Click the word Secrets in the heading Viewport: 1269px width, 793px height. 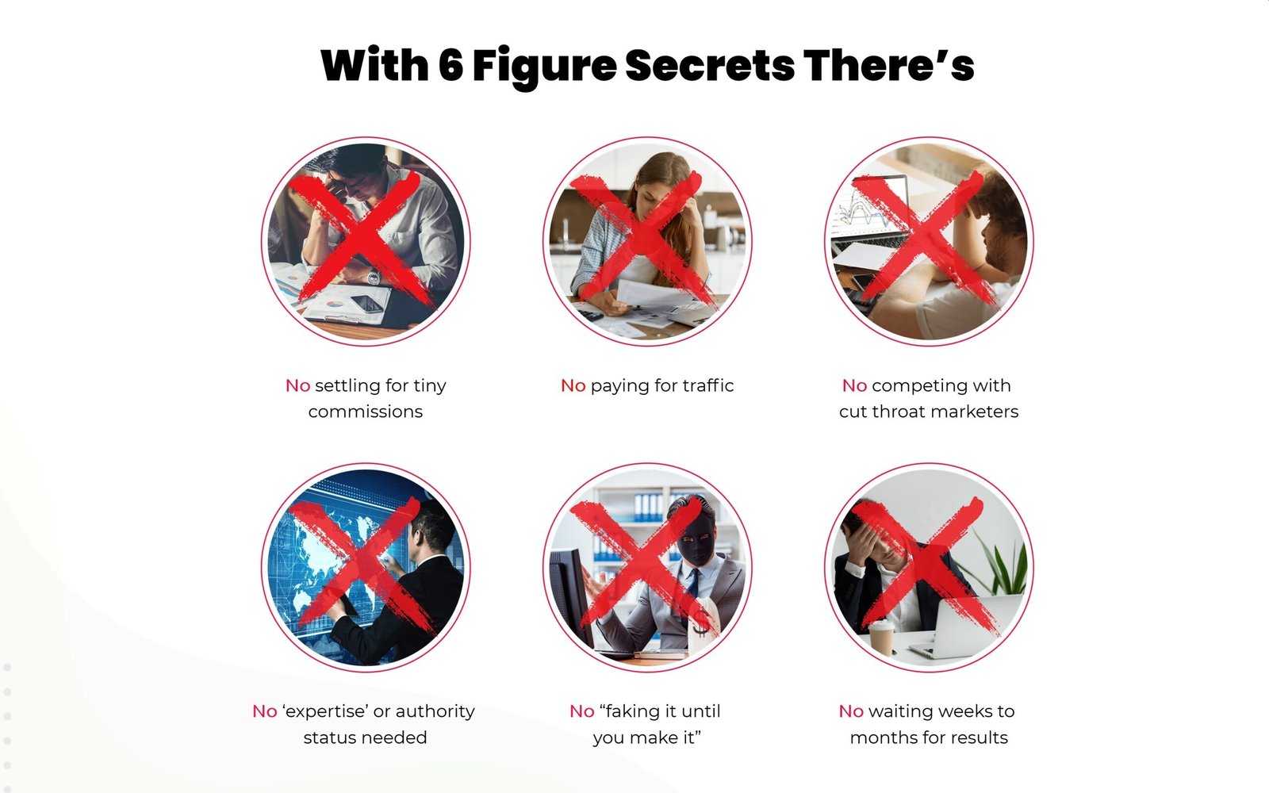[710, 66]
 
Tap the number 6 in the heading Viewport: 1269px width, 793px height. [451, 66]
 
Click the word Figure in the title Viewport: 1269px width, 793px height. [544, 69]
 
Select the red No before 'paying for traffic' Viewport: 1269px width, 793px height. [573, 385]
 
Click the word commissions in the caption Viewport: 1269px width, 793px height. [366, 412]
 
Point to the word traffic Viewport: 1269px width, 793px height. [708, 385]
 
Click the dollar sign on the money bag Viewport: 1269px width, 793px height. [701, 622]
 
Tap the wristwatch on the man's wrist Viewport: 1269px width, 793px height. [373, 277]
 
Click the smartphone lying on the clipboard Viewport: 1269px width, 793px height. [367, 305]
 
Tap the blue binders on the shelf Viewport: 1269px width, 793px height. [647, 507]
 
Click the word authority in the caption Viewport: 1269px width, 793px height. [435, 712]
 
